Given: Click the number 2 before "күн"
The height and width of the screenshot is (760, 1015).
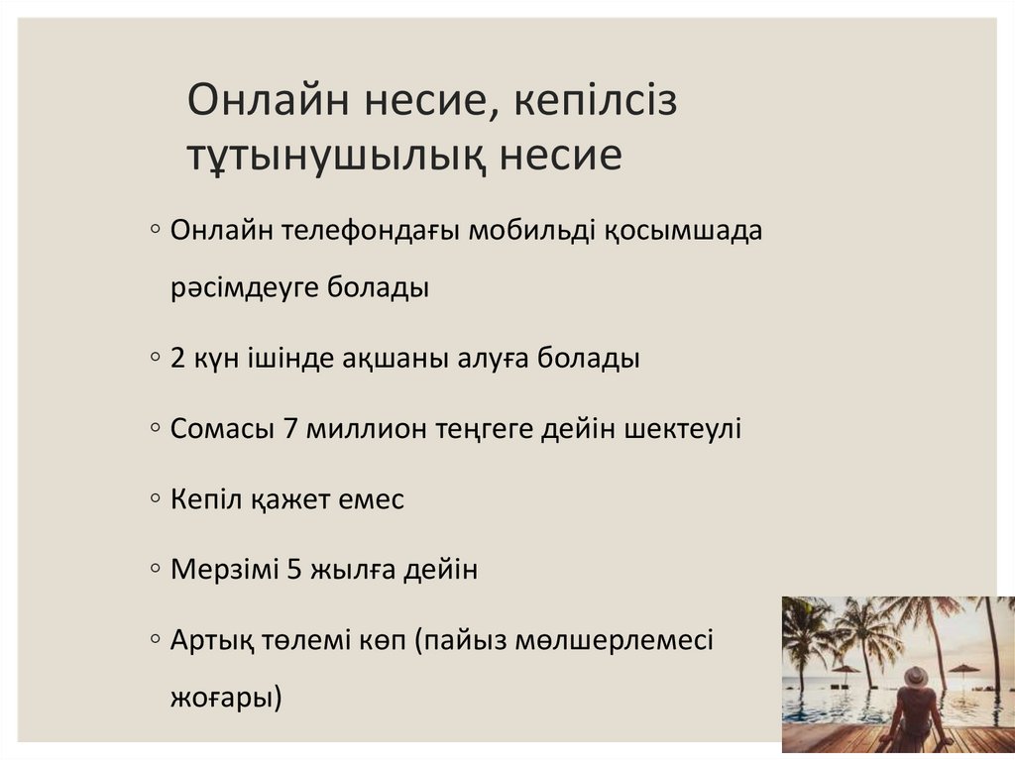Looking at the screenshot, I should [178, 358].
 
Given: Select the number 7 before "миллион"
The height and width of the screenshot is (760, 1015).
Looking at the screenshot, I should [290, 429].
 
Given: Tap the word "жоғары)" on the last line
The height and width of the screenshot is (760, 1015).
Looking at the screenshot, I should [226, 697].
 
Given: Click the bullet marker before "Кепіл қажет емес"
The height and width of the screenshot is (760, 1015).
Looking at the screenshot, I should [158, 499].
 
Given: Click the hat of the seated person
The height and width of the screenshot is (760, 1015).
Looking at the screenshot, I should [917, 676].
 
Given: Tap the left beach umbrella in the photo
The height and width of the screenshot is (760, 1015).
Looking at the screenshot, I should [846, 670].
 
